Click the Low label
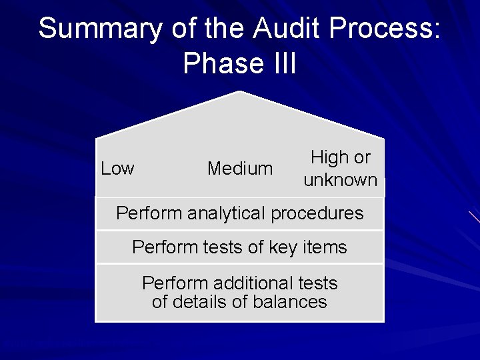point(117,169)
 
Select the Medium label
point(240,169)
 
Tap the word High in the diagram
point(330,157)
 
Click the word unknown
point(340,180)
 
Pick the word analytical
point(226,213)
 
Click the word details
point(199,302)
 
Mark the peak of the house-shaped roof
point(239,92)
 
